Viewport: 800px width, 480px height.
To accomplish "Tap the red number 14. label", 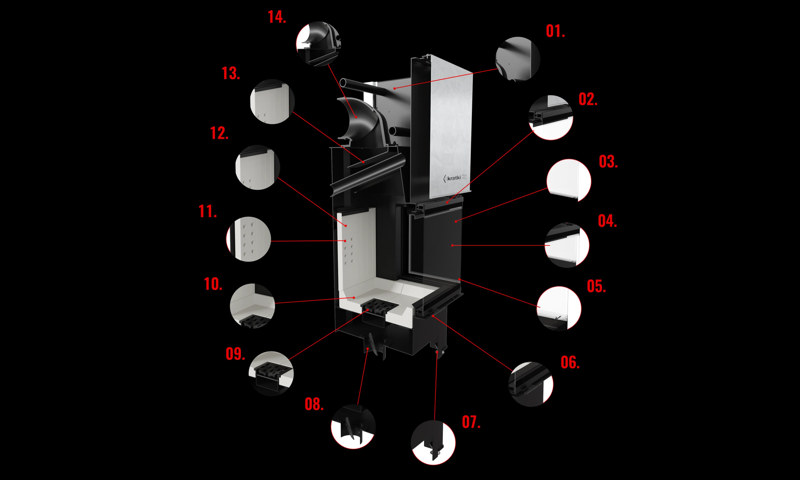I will pyautogui.click(x=277, y=17).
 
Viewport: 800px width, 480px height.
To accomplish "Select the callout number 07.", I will pyautogui.click(x=471, y=422).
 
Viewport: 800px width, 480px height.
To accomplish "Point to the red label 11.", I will pyautogui.click(x=207, y=211).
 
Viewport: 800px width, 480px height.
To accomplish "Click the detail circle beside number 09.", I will pyautogui.click(x=271, y=373).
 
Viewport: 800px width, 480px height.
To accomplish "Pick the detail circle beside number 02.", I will pyautogui.click(x=551, y=117).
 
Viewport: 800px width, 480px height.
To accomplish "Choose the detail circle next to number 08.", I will pyautogui.click(x=353, y=426).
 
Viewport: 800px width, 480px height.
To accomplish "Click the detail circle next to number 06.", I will pyautogui.click(x=531, y=384).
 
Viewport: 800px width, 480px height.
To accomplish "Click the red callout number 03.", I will pyautogui.click(x=608, y=162).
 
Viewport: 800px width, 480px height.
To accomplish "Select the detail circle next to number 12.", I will pyautogui.click(x=257, y=167).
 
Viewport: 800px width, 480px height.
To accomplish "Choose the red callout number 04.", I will pyautogui.click(x=607, y=221).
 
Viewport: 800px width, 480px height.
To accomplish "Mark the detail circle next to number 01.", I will pyautogui.click(x=518, y=59).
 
